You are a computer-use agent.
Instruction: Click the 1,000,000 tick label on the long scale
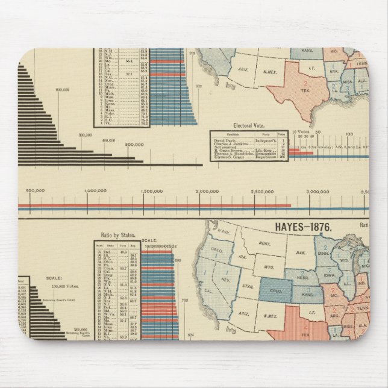(87, 191)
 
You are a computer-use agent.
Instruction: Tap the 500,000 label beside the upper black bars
(134, 145)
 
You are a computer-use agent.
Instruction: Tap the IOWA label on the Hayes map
(331, 278)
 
